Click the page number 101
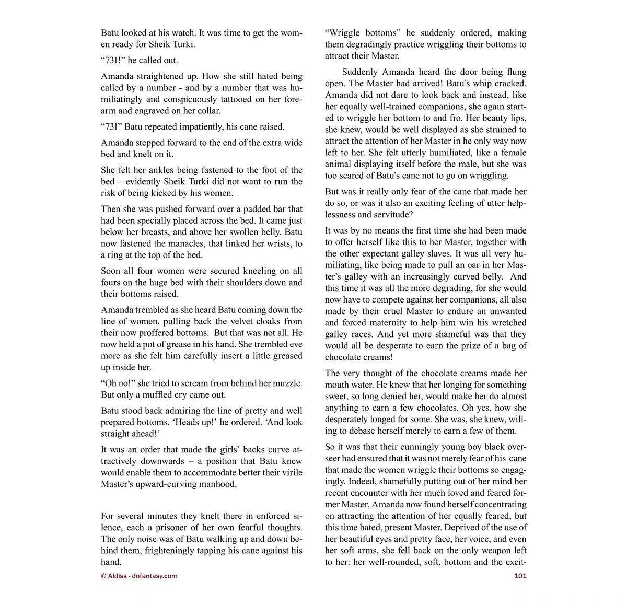tap(520, 576)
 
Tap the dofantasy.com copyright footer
tap(139, 576)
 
